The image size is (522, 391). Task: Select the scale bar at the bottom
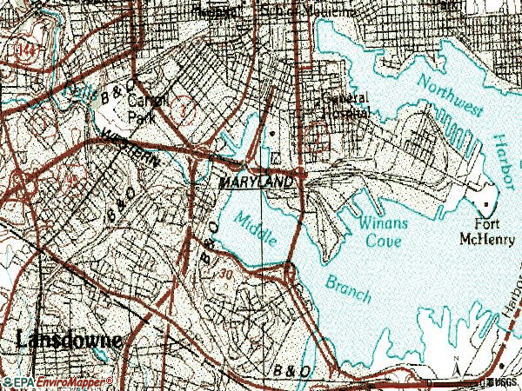point(492,381)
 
